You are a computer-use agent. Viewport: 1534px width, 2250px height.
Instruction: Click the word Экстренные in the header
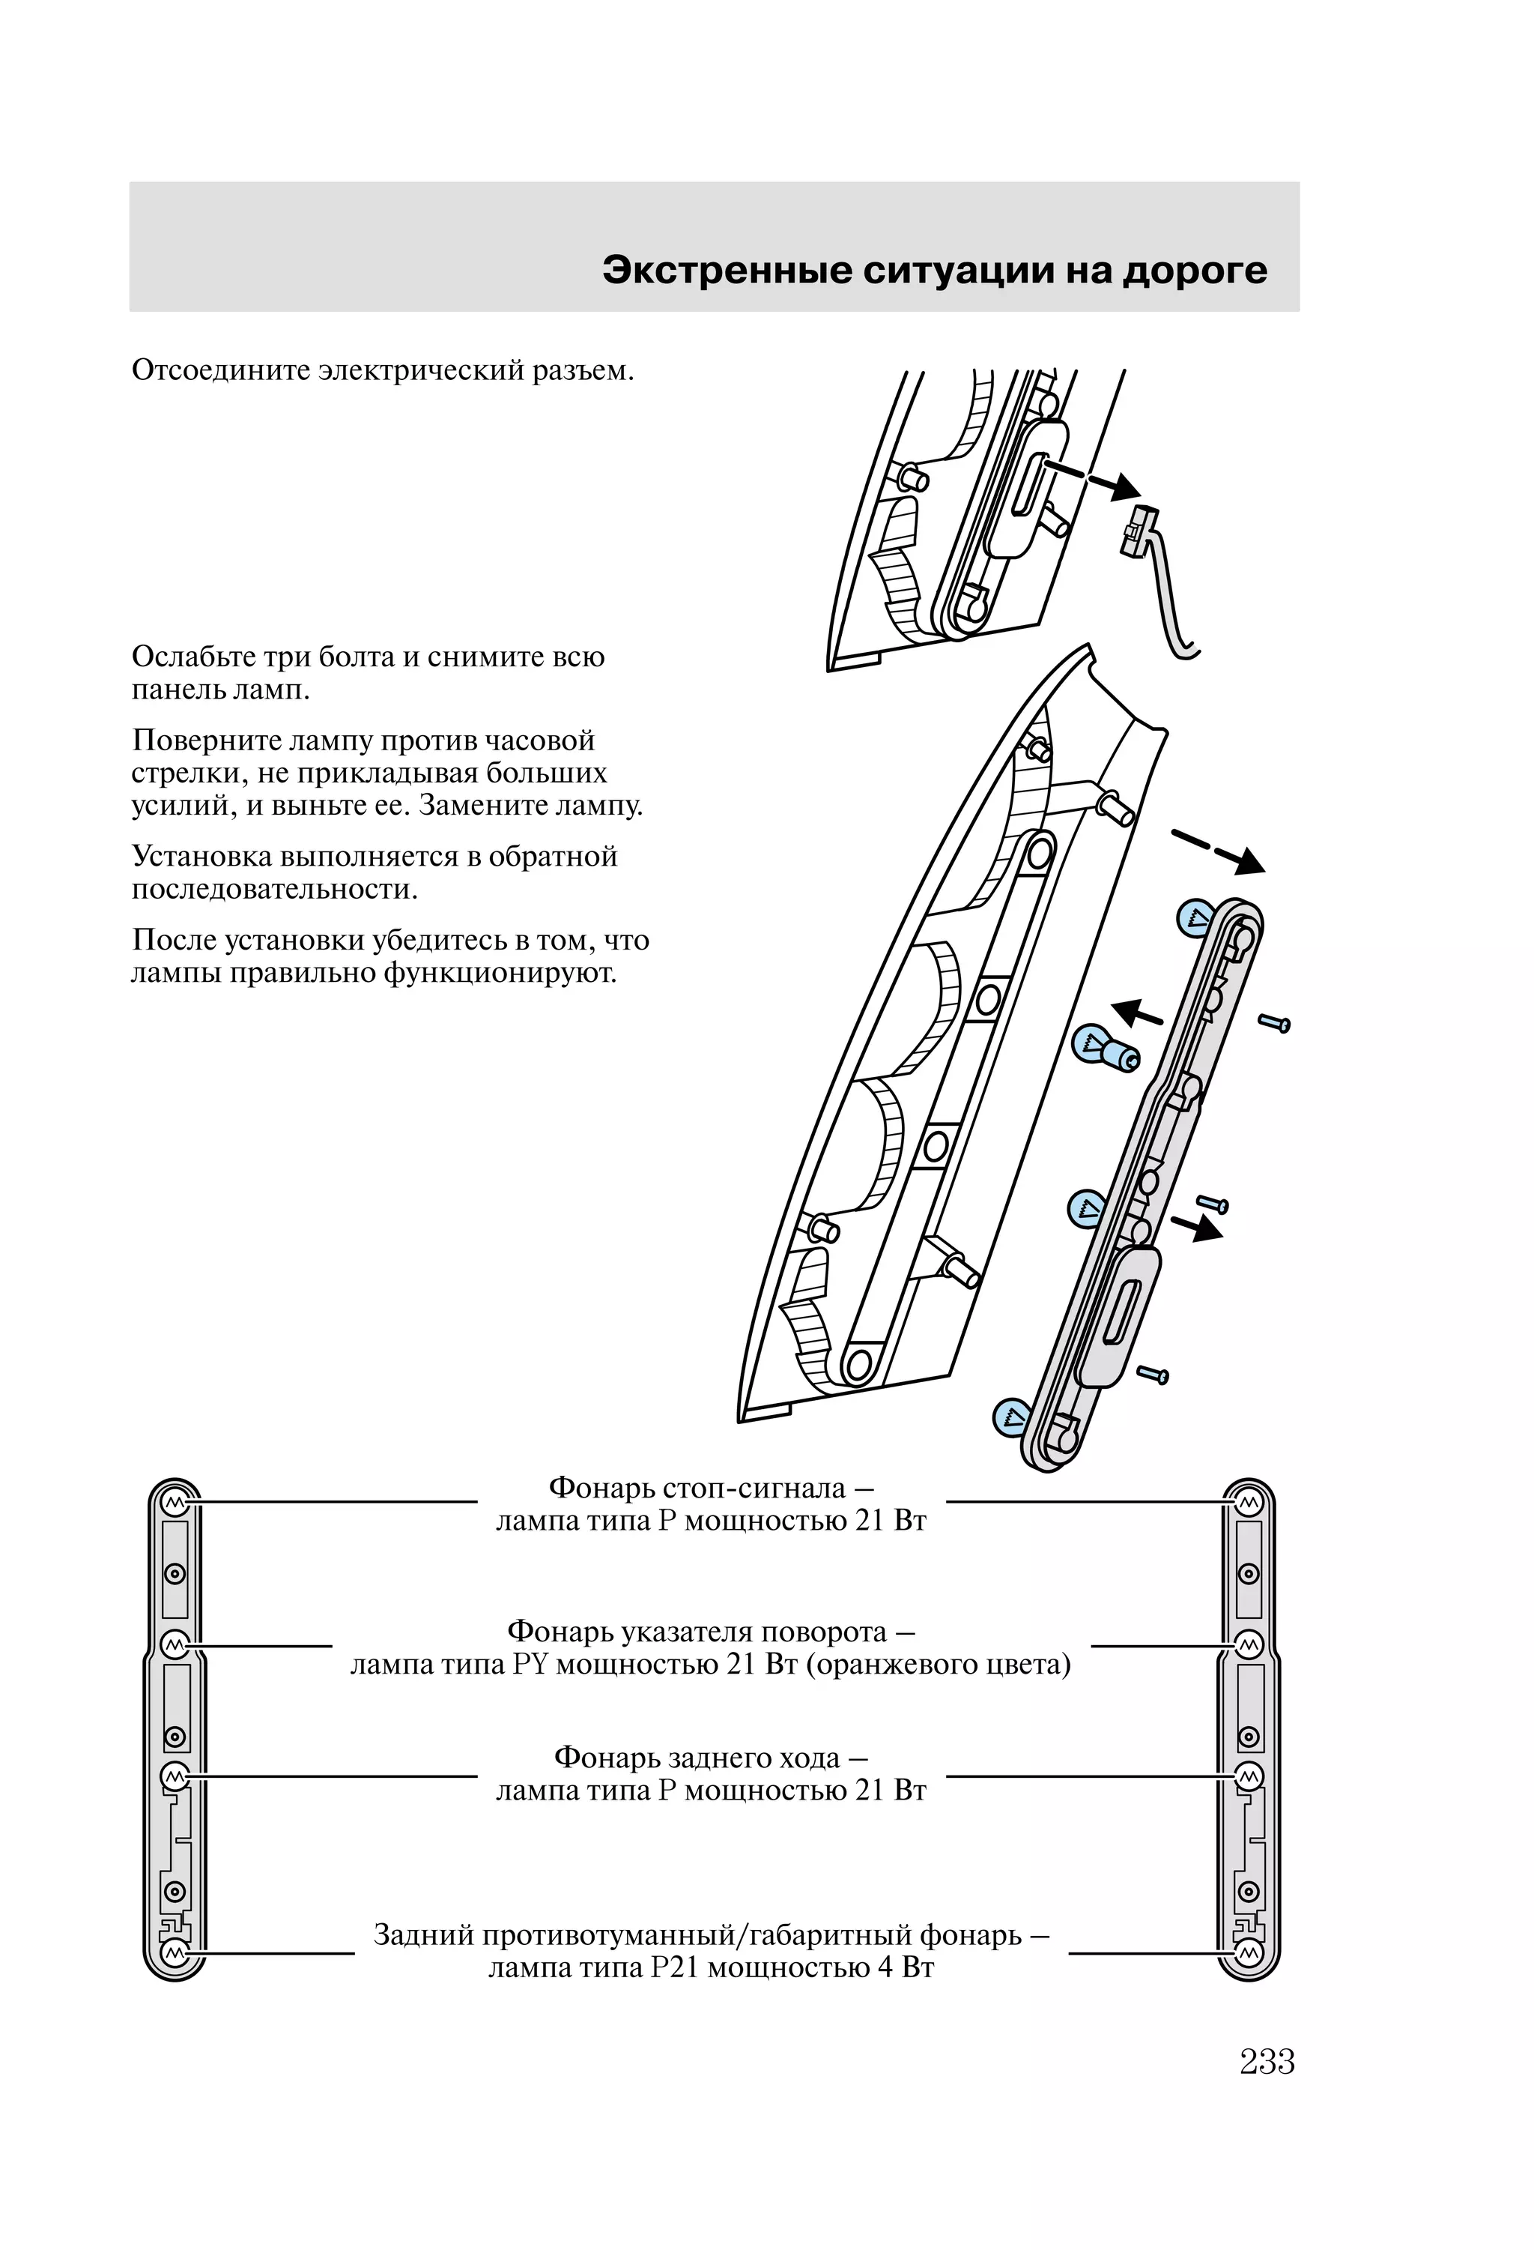point(727,271)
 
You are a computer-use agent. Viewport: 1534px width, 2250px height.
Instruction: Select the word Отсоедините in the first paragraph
point(222,371)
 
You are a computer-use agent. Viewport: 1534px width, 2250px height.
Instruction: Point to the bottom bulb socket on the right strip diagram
point(1249,1952)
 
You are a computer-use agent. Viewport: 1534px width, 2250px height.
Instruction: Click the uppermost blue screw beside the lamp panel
point(1275,1022)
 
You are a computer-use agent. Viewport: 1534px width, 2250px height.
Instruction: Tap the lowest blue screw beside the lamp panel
point(1153,1373)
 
